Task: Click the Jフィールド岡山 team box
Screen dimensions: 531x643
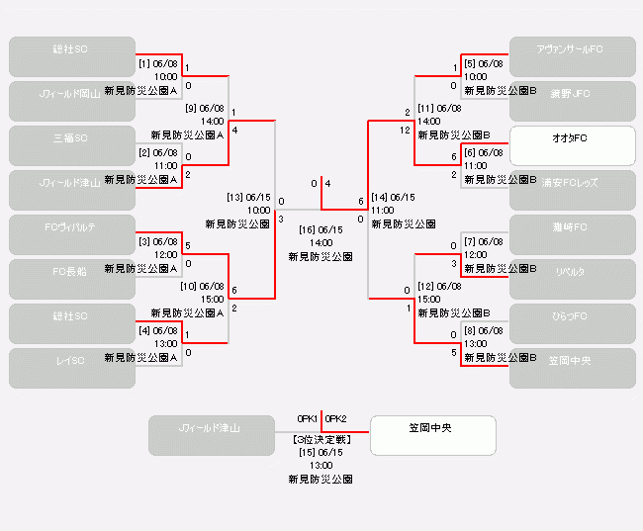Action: [72, 101]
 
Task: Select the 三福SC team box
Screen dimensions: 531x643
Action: [72, 145]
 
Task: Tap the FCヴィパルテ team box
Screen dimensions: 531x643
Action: [72, 234]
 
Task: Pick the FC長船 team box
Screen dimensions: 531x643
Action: [72, 279]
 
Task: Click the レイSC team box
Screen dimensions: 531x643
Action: [72, 368]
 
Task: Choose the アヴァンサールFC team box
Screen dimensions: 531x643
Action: [572, 56]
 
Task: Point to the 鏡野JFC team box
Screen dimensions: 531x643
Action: [572, 101]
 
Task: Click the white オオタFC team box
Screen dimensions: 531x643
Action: [572, 145]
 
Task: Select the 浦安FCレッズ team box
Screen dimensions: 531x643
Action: [572, 190]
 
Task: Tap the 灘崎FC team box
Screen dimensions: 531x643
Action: [572, 234]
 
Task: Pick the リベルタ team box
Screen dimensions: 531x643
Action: [572, 279]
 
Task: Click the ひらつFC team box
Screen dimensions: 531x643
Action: [572, 323]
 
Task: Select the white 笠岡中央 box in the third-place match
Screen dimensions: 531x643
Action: [433, 435]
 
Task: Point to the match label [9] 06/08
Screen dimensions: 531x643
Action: [205, 108]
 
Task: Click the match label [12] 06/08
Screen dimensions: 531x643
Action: [439, 286]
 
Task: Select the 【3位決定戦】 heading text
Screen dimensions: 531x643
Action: [321, 440]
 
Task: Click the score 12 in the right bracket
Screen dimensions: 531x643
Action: [405, 130]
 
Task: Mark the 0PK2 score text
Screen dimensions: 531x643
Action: [336, 418]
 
